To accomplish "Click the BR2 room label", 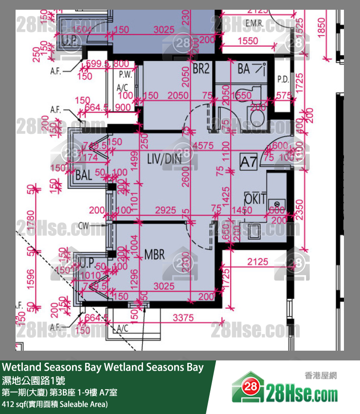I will (x=201, y=69).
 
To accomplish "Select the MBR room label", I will (x=154, y=255).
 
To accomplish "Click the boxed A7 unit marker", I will (x=249, y=163).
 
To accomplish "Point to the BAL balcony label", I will (x=84, y=176).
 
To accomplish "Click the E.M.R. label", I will (x=254, y=23).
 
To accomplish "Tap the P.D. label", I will (x=283, y=79).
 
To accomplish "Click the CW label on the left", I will (x=84, y=226).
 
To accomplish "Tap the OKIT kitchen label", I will (x=255, y=199).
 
